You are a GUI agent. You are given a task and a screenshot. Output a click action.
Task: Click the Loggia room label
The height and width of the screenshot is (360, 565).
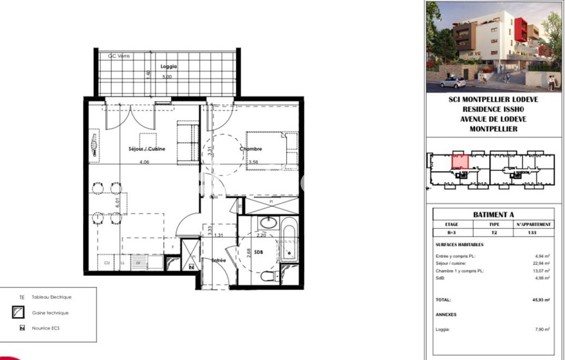click(x=169, y=67)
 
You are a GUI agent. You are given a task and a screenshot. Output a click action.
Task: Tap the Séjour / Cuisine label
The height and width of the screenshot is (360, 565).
click(x=147, y=148)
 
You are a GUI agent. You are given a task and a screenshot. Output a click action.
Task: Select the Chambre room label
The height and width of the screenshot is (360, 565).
click(x=251, y=148)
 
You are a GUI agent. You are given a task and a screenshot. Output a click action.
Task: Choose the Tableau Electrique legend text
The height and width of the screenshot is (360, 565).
click(x=51, y=297)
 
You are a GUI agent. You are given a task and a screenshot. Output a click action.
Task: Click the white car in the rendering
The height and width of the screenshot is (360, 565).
click(x=453, y=82)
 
